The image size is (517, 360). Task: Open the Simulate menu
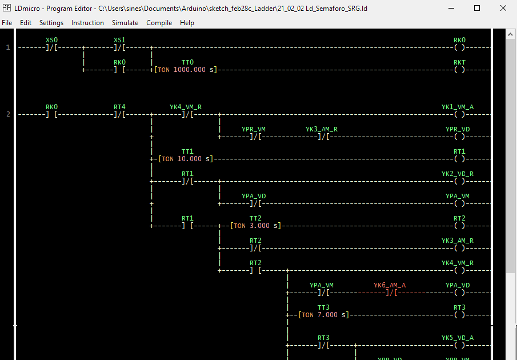(125, 23)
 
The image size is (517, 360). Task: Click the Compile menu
(159, 23)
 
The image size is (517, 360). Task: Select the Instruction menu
(87, 23)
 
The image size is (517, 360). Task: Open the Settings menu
(51, 23)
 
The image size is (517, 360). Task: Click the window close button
(503, 9)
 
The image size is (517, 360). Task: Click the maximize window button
(477, 9)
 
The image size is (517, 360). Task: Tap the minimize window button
(451, 9)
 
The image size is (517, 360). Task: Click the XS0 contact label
(51, 40)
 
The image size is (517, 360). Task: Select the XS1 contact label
(119, 40)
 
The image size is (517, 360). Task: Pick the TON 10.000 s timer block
(185, 159)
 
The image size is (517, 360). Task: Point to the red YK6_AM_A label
(390, 285)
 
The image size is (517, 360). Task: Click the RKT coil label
(459, 62)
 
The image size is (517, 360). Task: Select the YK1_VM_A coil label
(457, 107)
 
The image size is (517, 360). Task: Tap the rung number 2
(8, 114)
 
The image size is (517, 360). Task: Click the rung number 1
(8, 47)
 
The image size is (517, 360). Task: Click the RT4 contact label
(119, 107)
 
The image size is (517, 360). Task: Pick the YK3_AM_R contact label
(321, 129)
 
